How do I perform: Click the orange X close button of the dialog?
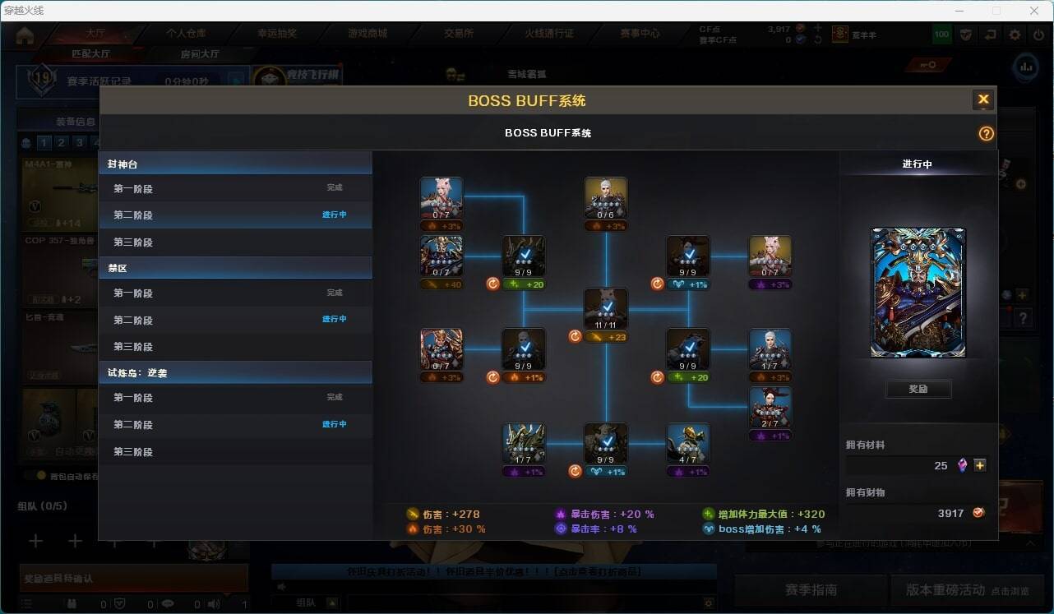click(982, 100)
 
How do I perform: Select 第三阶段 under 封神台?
click(133, 242)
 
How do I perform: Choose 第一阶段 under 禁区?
click(133, 293)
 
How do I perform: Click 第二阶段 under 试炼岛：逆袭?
click(133, 425)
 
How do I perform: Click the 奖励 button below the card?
click(918, 389)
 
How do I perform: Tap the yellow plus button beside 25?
click(980, 465)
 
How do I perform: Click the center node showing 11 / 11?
click(606, 309)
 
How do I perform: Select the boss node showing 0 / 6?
click(606, 198)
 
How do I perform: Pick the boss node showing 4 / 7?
click(688, 444)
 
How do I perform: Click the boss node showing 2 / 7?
click(770, 408)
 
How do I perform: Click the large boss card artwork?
click(918, 293)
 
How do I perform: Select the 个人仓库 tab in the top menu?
click(187, 34)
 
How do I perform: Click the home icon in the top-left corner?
click(25, 35)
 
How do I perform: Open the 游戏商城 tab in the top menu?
click(368, 34)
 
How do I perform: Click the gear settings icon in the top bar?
click(1015, 35)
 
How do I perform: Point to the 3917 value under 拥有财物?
click(950, 513)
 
